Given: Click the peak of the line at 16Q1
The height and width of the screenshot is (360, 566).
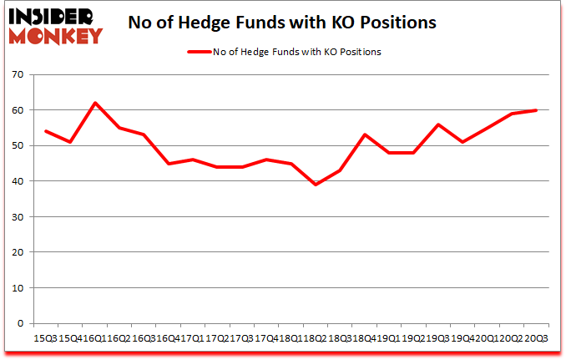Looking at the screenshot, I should pyautogui.click(x=95, y=103).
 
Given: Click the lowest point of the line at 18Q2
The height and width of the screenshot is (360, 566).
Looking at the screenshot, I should pyautogui.click(x=315, y=185).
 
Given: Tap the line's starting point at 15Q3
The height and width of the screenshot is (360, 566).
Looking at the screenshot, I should pyautogui.click(x=45, y=131).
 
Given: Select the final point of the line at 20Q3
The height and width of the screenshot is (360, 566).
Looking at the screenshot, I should pyautogui.click(x=535, y=110).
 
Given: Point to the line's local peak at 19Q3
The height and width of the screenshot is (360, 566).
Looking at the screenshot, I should pyautogui.click(x=437, y=124).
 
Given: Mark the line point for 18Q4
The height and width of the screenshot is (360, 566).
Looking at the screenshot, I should pyautogui.click(x=364, y=134).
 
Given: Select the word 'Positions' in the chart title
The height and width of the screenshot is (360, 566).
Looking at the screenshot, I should pyautogui.click(x=398, y=23).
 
